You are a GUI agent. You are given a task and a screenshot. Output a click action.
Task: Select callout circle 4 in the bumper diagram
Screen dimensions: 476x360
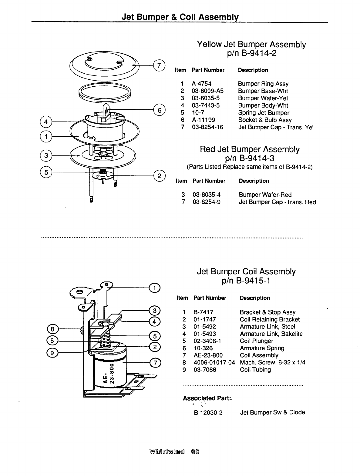[x=46, y=122]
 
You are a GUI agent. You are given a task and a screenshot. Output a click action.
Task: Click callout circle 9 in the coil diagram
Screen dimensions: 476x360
[x=52, y=352]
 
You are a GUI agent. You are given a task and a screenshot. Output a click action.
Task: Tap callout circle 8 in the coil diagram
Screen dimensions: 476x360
[x=52, y=329]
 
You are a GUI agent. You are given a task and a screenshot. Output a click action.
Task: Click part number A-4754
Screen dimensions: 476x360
[x=201, y=84]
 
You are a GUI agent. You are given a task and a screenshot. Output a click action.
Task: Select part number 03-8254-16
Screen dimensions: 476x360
[x=208, y=127]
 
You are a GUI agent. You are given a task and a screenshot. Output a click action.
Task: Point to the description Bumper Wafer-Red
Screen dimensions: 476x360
[x=265, y=195]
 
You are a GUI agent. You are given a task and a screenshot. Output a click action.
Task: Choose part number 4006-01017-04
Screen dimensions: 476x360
[x=214, y=363]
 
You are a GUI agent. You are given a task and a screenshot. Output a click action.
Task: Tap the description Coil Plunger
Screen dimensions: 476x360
[x=256, y=341]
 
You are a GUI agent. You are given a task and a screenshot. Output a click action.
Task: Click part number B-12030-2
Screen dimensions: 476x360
[x=208, y=412]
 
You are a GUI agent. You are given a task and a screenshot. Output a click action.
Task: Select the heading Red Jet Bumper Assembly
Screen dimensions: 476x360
[x=250, y=149]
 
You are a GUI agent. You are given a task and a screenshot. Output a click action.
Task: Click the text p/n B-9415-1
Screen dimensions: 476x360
[x=246, y=281]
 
